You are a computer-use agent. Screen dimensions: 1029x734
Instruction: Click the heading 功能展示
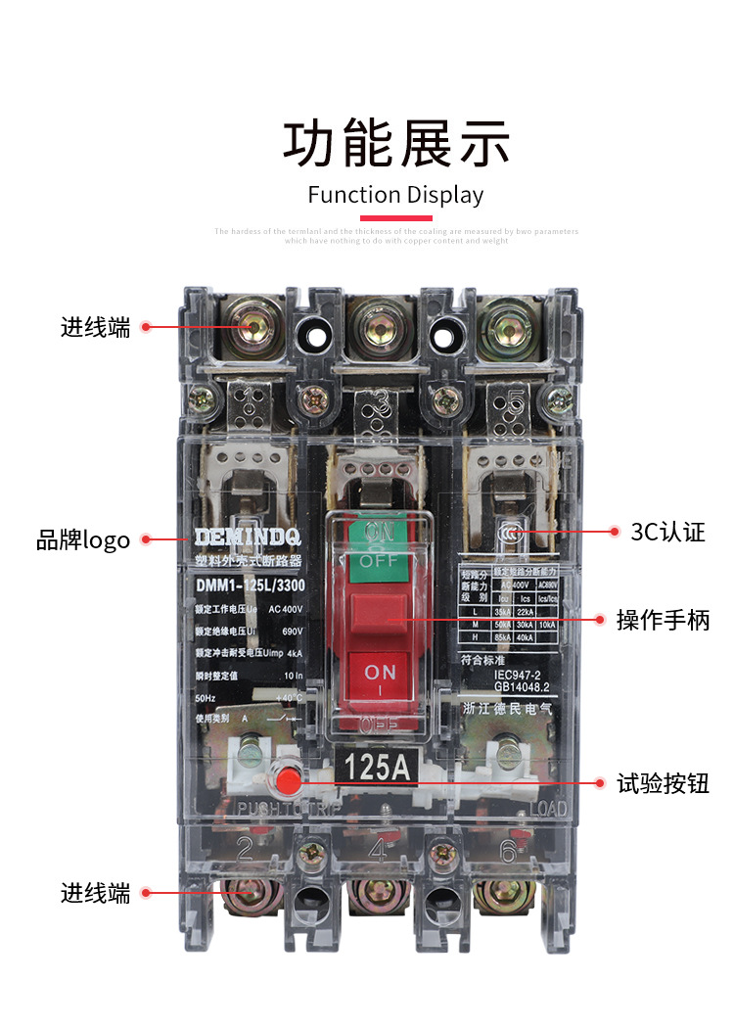[x=396, y=144]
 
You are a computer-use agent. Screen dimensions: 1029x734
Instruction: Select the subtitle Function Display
[x=395, y=195]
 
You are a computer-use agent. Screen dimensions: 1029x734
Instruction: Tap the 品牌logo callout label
[x=83, y=539]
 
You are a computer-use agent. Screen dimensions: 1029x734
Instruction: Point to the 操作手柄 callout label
[x=663, y=620]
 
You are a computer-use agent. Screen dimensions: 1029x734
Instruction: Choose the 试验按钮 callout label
[x=663, y=783]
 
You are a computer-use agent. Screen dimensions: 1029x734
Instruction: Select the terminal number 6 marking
[x=507, y=850]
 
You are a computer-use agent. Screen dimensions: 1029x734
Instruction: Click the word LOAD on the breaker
[x=548, y=809]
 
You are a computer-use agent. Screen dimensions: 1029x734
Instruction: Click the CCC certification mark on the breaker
[x=509, y=534]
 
